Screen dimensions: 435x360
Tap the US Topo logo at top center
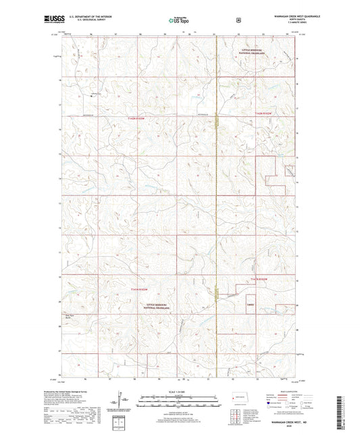pyautogui.click(x=179, y=21)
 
